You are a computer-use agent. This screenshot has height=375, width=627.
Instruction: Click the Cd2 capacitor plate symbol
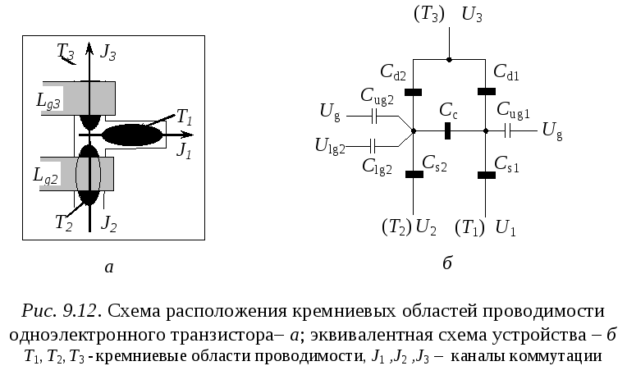coord(413,93)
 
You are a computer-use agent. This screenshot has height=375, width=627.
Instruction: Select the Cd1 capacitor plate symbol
coord(487,92)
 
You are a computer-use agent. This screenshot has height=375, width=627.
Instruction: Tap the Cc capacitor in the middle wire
coord(448,130)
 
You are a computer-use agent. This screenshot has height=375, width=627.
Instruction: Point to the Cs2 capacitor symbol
coord(414,174)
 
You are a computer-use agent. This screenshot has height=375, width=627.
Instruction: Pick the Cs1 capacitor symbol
coord(487,175)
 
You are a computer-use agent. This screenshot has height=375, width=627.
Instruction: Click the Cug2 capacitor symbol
coord(375,116)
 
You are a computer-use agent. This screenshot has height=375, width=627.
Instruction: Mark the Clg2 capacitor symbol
coord(373,146)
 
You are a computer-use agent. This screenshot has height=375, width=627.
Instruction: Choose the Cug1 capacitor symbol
coord(508,130)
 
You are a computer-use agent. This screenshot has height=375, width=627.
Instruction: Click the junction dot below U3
coord(449,60)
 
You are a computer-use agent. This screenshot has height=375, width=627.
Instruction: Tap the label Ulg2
coord(330,146)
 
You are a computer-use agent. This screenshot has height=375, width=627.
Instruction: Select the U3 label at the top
coord(472,15)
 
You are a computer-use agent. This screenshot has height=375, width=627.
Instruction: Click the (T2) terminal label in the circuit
coord(396,227)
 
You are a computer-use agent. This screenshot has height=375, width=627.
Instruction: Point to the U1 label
coord(506,227)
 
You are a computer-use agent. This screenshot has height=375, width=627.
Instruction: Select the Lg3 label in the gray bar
coord(48,101)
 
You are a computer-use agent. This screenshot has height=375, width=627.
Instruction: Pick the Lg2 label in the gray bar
coord(46,176)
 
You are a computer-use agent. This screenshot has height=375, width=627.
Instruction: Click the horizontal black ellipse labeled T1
coord(132,135)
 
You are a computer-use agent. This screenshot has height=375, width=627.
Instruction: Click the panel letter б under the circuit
coord(447,263)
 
